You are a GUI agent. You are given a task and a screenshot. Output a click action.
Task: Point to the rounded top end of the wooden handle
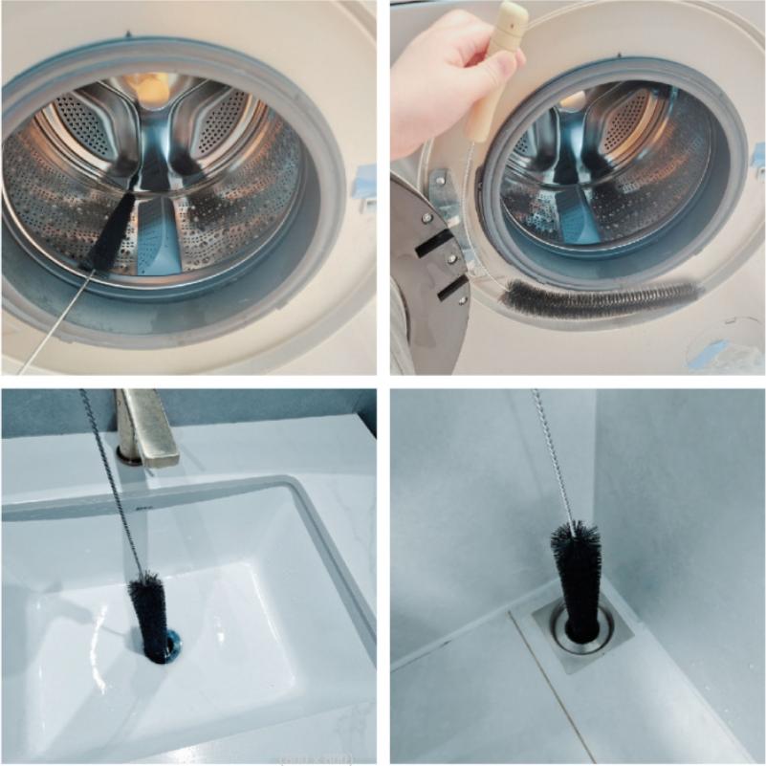coord(513,13)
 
